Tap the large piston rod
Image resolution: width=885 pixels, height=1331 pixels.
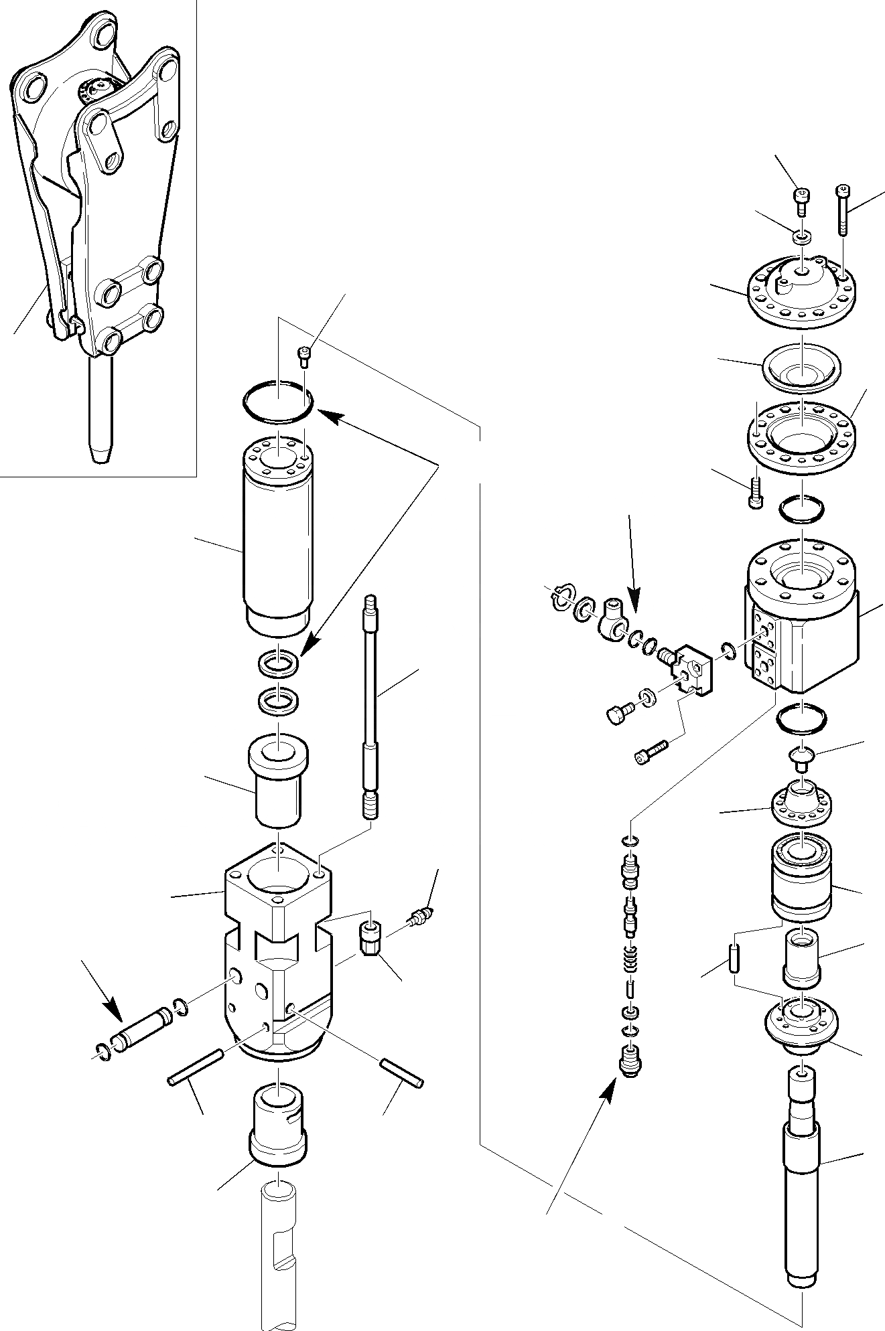tap(801, 1185)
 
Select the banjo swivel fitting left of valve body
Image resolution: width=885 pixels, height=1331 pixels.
tap(612, 619)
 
